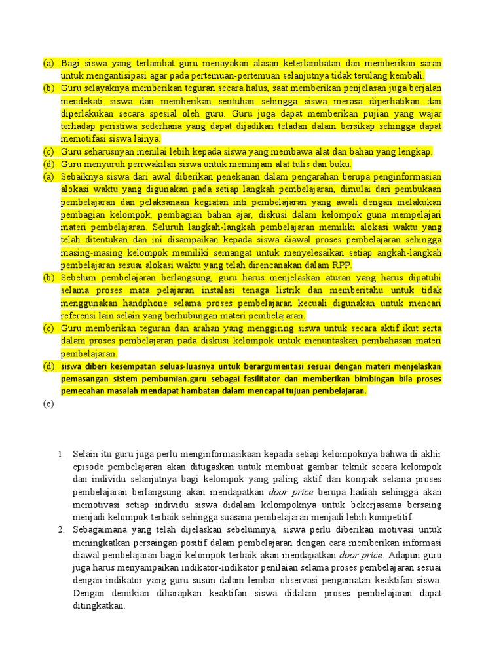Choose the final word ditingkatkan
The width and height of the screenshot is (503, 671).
point(99,605)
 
